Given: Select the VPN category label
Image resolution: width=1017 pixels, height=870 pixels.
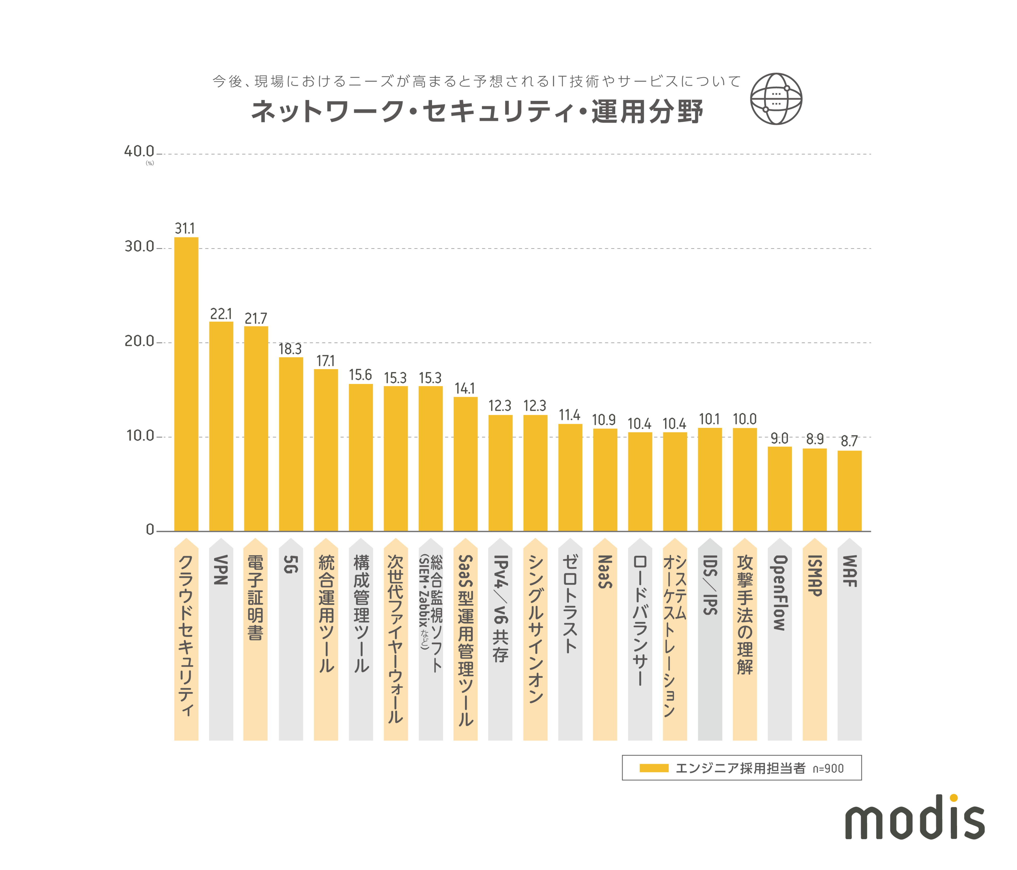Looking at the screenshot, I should (x=221, y=570).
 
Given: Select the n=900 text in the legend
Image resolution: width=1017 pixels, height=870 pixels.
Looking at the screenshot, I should (x=828, y=768).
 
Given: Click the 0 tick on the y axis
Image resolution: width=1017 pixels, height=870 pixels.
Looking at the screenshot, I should (x=150, y=530).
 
